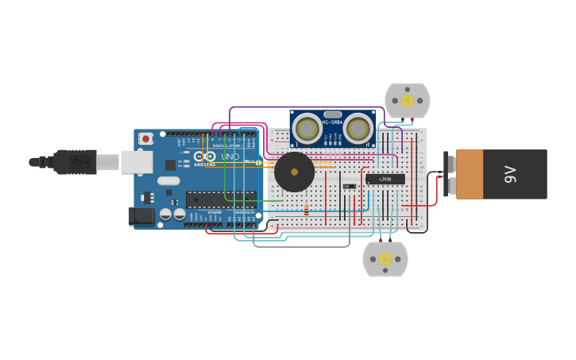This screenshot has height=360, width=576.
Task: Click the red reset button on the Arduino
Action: point(145,138)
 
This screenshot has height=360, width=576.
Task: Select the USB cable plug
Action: point(75,161)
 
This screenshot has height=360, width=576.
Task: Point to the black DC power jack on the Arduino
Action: point(141,215)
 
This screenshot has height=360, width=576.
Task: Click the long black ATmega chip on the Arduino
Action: point(221,199)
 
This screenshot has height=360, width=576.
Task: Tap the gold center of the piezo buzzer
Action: point(295,172)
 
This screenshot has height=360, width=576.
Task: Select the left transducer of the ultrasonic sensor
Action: point(307,128)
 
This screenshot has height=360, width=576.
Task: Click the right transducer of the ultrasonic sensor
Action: point(358,128)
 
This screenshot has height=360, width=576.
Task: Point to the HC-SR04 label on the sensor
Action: point(332,122)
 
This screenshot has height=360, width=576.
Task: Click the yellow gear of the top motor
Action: point(408,100)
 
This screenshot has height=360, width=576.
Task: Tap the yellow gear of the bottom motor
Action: point(385,258)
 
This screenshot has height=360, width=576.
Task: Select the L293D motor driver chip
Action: point(385,180)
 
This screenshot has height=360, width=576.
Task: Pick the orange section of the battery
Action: point(470,174)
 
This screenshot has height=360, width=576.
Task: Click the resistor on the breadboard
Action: point(307,210)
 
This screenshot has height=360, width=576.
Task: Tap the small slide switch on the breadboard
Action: point(349,186)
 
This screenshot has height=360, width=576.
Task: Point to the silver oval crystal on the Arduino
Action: point(168,180)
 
